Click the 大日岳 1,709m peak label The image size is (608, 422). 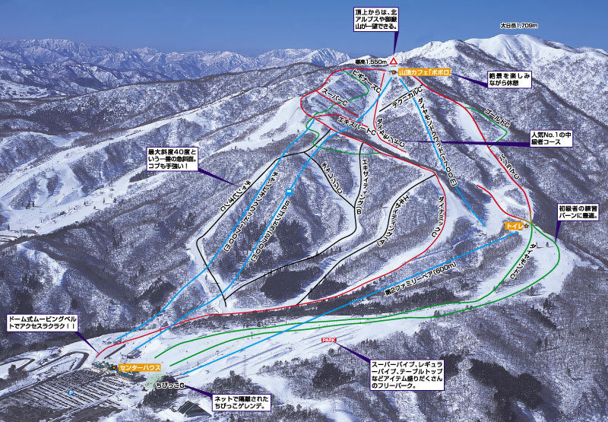tap(519, 25)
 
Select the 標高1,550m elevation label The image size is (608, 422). tap(371, 60)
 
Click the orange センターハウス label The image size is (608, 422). tap(138, 367)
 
